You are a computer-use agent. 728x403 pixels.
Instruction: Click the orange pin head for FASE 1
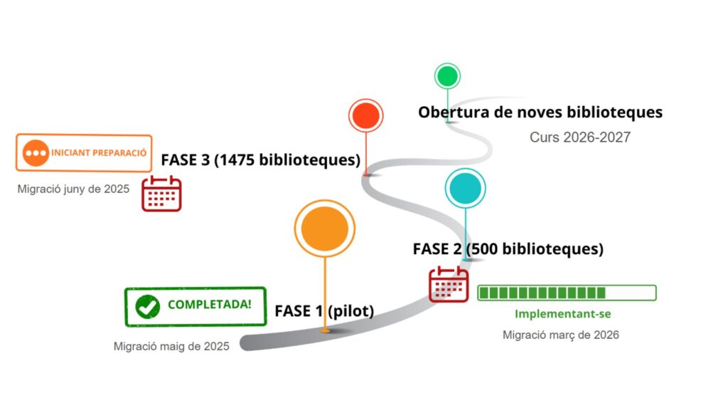325,229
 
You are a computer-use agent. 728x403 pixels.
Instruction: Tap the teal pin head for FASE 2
465,189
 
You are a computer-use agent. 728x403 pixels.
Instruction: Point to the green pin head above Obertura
447,75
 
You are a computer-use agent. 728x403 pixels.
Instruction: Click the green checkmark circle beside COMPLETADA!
148,306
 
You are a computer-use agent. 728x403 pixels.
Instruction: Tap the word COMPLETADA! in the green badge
210,305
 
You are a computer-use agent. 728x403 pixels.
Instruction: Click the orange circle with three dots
36,152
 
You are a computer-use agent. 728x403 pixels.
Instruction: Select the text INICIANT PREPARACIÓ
99,152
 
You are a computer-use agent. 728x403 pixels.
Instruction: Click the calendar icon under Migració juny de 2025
161,193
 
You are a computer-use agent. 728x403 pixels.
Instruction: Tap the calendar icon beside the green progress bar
449,284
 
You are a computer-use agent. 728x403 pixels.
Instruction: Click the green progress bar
567,293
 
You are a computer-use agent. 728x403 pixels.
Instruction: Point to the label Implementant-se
562,313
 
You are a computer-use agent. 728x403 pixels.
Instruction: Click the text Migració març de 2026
560,335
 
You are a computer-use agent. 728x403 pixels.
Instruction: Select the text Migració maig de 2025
171,346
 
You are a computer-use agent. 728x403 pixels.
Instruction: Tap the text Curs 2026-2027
579,137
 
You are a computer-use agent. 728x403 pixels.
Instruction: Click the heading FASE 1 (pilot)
324,310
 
